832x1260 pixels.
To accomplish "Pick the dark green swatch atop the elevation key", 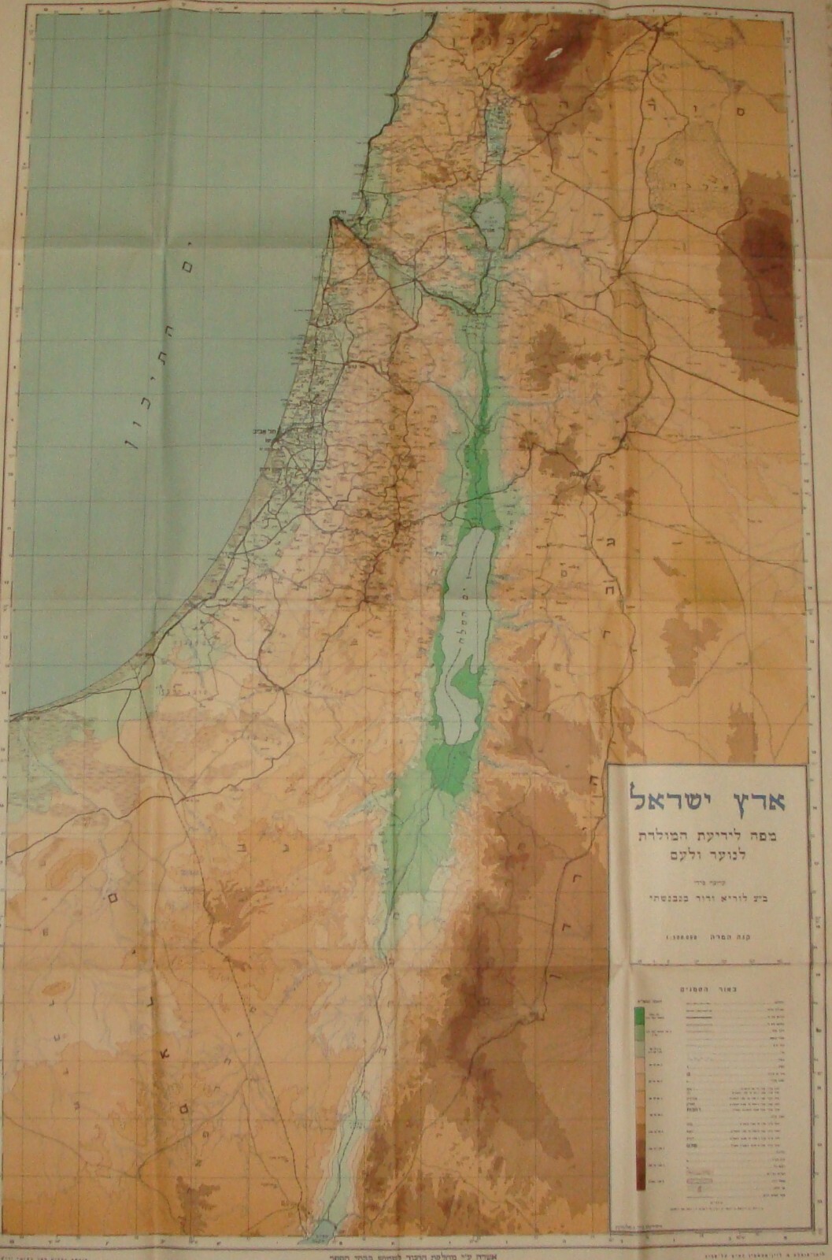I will click(640, 1016).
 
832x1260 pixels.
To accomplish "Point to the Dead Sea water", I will click(464, 598).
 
